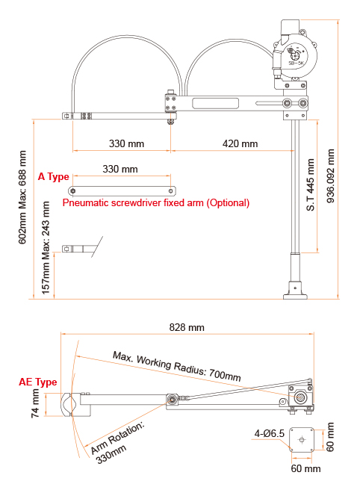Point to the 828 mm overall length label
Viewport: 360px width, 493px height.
click(186, 328)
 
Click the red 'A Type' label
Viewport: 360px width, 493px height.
click(53, 176)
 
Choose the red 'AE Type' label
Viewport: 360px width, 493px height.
click(37, 382)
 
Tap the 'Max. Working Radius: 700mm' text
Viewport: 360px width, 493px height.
click(177, 365)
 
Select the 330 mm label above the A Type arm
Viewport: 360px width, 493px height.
click(120, 170)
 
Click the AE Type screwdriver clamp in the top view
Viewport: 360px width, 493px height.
click(71, 405)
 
